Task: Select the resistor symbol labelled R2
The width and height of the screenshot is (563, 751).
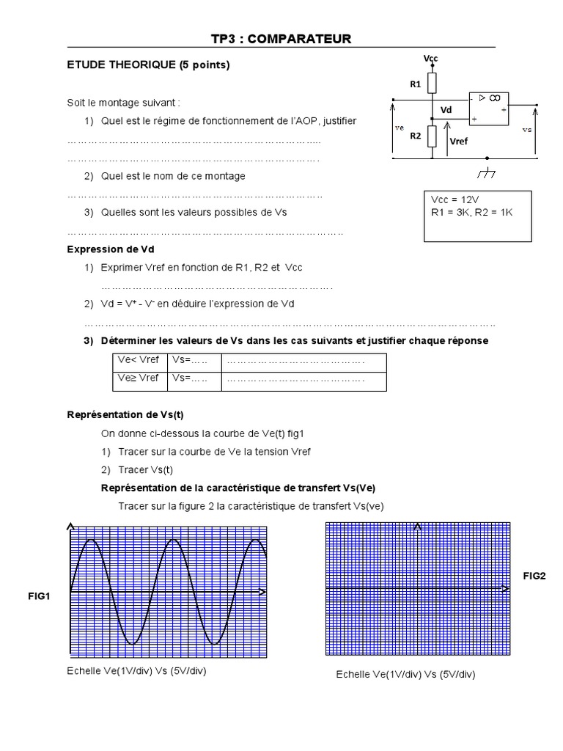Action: coord(433,136)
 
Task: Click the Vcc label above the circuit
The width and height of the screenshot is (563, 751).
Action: coord(430,58)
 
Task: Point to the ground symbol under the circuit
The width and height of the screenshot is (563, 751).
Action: coord(486,174)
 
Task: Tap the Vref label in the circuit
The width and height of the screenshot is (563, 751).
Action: coord(458,141)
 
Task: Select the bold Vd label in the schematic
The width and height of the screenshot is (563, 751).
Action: coord(446,110)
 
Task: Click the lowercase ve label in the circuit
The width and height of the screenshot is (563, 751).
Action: coord(400,128)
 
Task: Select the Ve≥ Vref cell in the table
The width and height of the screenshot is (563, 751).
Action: coord(139,378)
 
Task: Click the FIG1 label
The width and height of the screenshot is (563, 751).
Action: coord(40,596)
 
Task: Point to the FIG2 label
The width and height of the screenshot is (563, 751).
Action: coord(534,576)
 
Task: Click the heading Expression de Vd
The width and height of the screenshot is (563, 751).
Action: coord(111,249)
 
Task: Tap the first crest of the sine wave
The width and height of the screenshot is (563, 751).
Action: coord(90,540)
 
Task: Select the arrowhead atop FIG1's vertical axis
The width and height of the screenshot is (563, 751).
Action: coord(70,526)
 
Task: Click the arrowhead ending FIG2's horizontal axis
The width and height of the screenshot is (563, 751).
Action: coord(505,589)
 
